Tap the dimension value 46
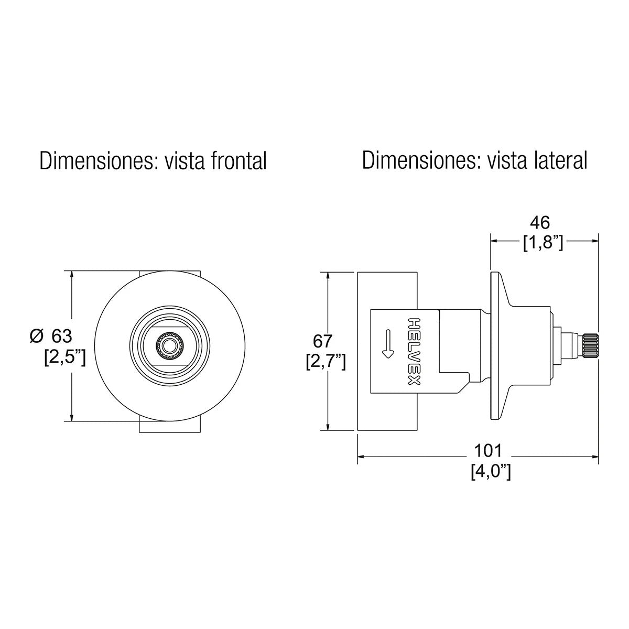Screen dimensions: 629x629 click(x=539, y=223)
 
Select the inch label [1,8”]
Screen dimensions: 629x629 click(x=543, y=243)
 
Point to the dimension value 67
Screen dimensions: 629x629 click(x=322, y=341)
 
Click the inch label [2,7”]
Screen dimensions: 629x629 click(x=326, y=362)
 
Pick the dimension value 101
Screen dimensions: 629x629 click(x=488, y=450)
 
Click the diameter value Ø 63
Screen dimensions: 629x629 click(x=51, y=335)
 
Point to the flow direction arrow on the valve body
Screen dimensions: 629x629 click(x=387, y=343)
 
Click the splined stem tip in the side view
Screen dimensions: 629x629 click(x=590, y=346)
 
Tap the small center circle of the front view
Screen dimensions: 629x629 click(x=169, y=346)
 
